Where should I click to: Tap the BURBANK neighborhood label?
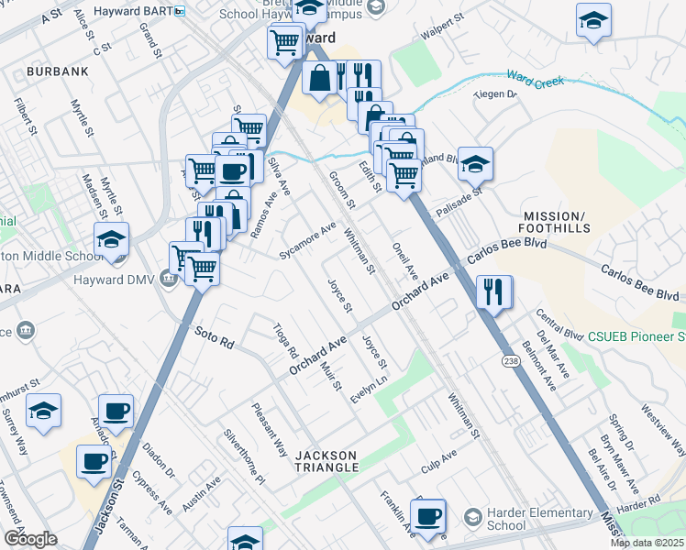(57, 71)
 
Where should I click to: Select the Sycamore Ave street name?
(309, 238)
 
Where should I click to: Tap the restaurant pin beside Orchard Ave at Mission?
(494, 292)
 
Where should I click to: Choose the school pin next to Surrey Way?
(43, 412)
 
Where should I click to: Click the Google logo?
(30, 539)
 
